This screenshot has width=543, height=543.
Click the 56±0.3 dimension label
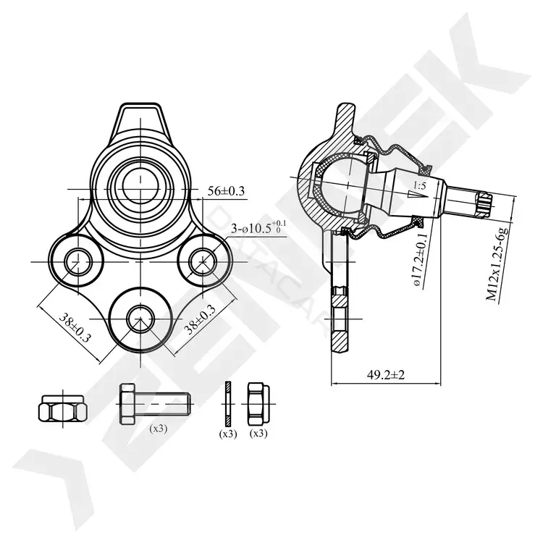226,191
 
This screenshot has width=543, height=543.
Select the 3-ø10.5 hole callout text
258,227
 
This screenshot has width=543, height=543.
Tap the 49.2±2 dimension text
386,374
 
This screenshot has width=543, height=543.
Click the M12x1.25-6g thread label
497,263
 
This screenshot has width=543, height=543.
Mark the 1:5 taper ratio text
419,186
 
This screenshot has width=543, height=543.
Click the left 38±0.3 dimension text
75,327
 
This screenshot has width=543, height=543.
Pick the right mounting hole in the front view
203,262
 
